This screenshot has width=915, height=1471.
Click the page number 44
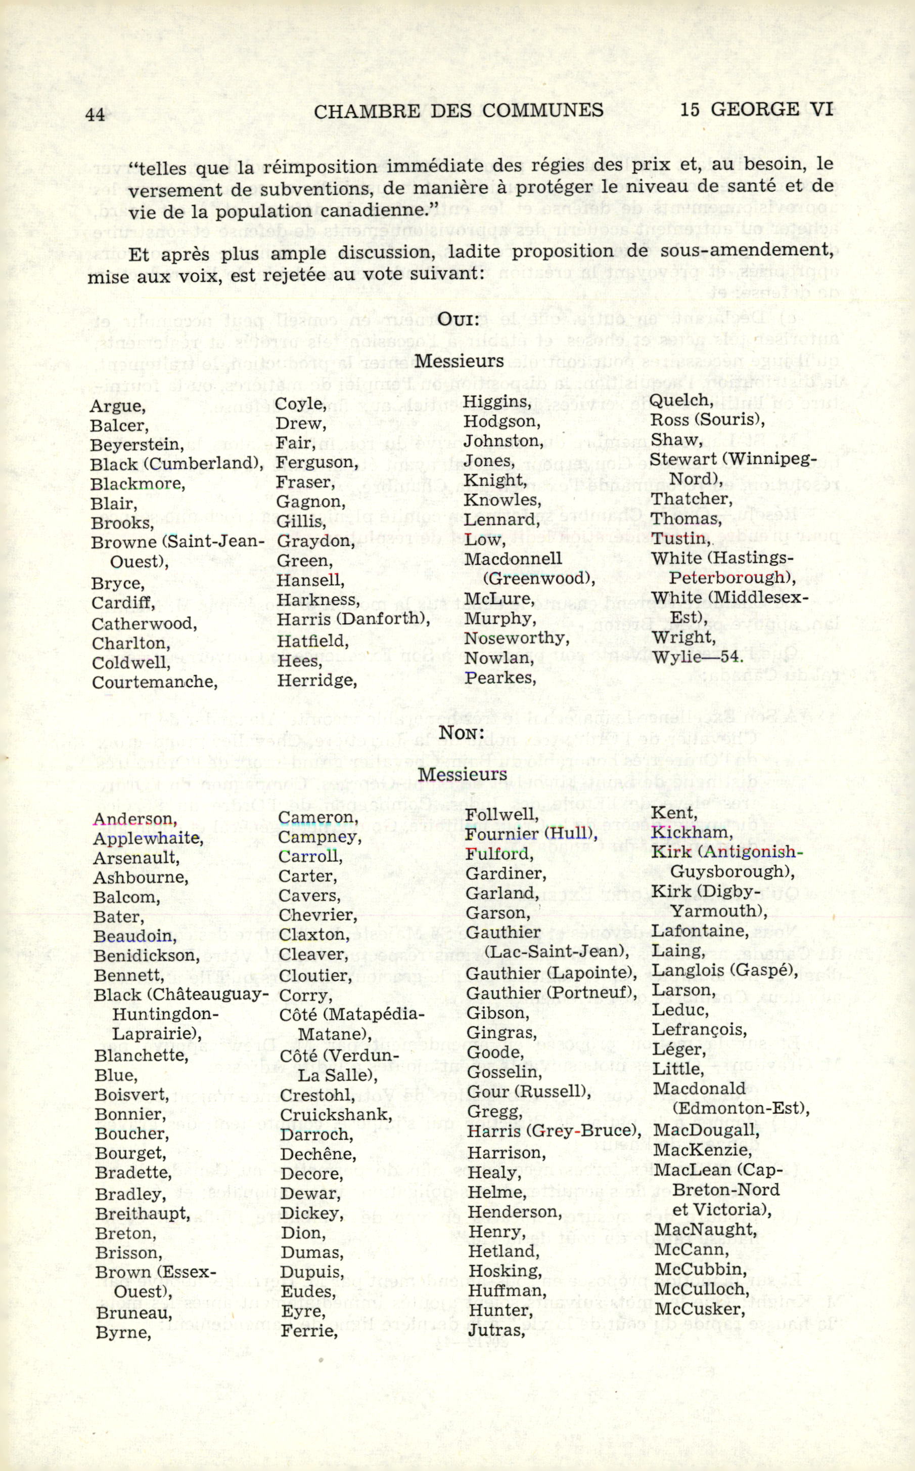96,114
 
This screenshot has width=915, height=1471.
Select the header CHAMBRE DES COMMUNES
459,110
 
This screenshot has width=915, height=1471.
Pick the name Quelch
678,400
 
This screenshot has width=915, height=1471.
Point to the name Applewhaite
148,838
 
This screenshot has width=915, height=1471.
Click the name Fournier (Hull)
531,834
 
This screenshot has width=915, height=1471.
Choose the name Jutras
494,1330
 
